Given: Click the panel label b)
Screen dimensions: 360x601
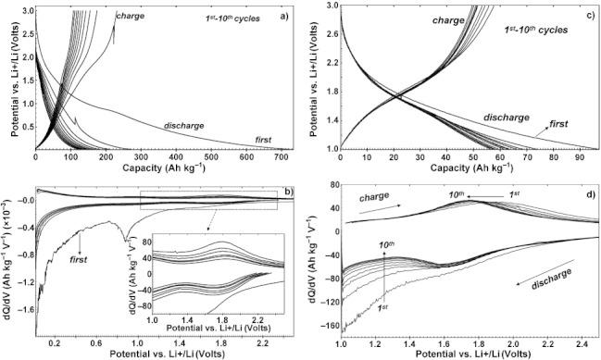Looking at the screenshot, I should (x=289, y=192).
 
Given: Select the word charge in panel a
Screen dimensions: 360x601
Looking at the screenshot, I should (x=130, y=16).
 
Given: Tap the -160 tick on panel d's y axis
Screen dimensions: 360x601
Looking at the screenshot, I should (x=329, y=326).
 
